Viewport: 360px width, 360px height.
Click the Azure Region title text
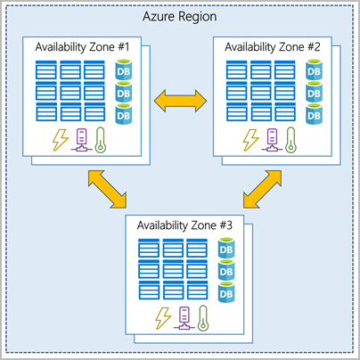pyautogui.click(x=180, y=18)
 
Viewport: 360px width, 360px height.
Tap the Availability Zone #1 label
pyautogui.click(x=81, y=46)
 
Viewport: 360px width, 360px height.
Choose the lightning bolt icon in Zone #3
pyautogui.click(x=163, y=316)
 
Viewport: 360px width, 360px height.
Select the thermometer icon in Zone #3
pyautogui.click(x=209, y=317)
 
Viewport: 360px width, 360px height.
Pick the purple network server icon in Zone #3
pyautogui.click(x=186, y=317)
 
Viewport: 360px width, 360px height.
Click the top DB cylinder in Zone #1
pyautogui.click(x=125, y=70)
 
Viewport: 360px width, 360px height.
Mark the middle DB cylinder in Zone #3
pyautogui.click(x=227, y=271)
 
